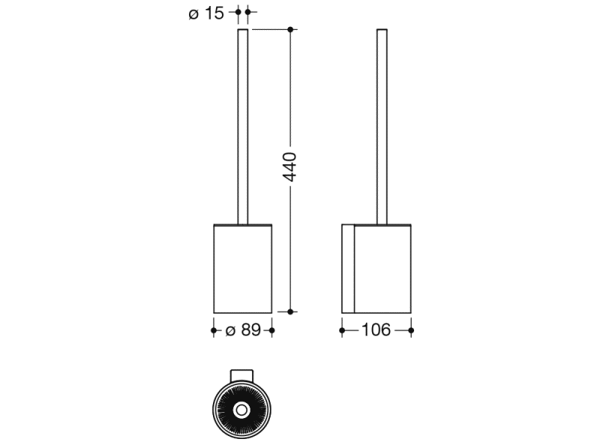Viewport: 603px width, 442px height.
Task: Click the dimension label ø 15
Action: click(x=206, y=13)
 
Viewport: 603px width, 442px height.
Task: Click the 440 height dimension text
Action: click(x=290, y=166)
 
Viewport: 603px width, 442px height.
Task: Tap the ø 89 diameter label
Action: click(x=243, y=330)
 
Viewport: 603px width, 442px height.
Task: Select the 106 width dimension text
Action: click(x=376, y=330)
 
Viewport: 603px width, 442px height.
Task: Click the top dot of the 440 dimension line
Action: click(x=290, y=29)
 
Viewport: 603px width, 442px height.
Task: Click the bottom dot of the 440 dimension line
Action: click(x=290, y=312)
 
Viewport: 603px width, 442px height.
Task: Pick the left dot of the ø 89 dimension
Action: click(x=214, y=330)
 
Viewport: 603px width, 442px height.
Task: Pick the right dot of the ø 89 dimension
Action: click(x=272, y=330)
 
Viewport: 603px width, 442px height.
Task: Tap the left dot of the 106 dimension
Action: click(x=342, y=330)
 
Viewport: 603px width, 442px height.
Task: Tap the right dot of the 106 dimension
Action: click(x=411, y=330)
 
